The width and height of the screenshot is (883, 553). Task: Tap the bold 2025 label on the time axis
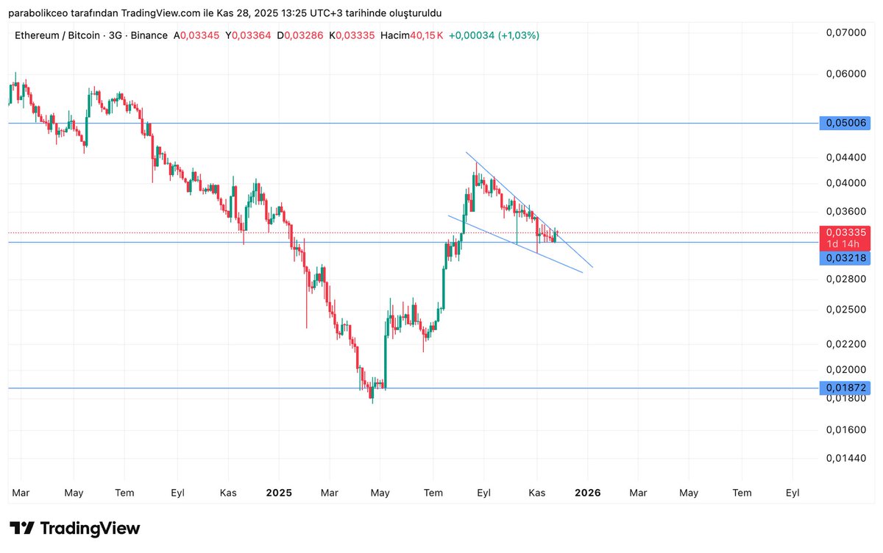279,493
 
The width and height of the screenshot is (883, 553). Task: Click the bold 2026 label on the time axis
588,493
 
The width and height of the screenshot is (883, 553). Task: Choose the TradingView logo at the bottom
75,528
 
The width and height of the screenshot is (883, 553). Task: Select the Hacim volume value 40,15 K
427,35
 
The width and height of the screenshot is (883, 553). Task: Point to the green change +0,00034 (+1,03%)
494,35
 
